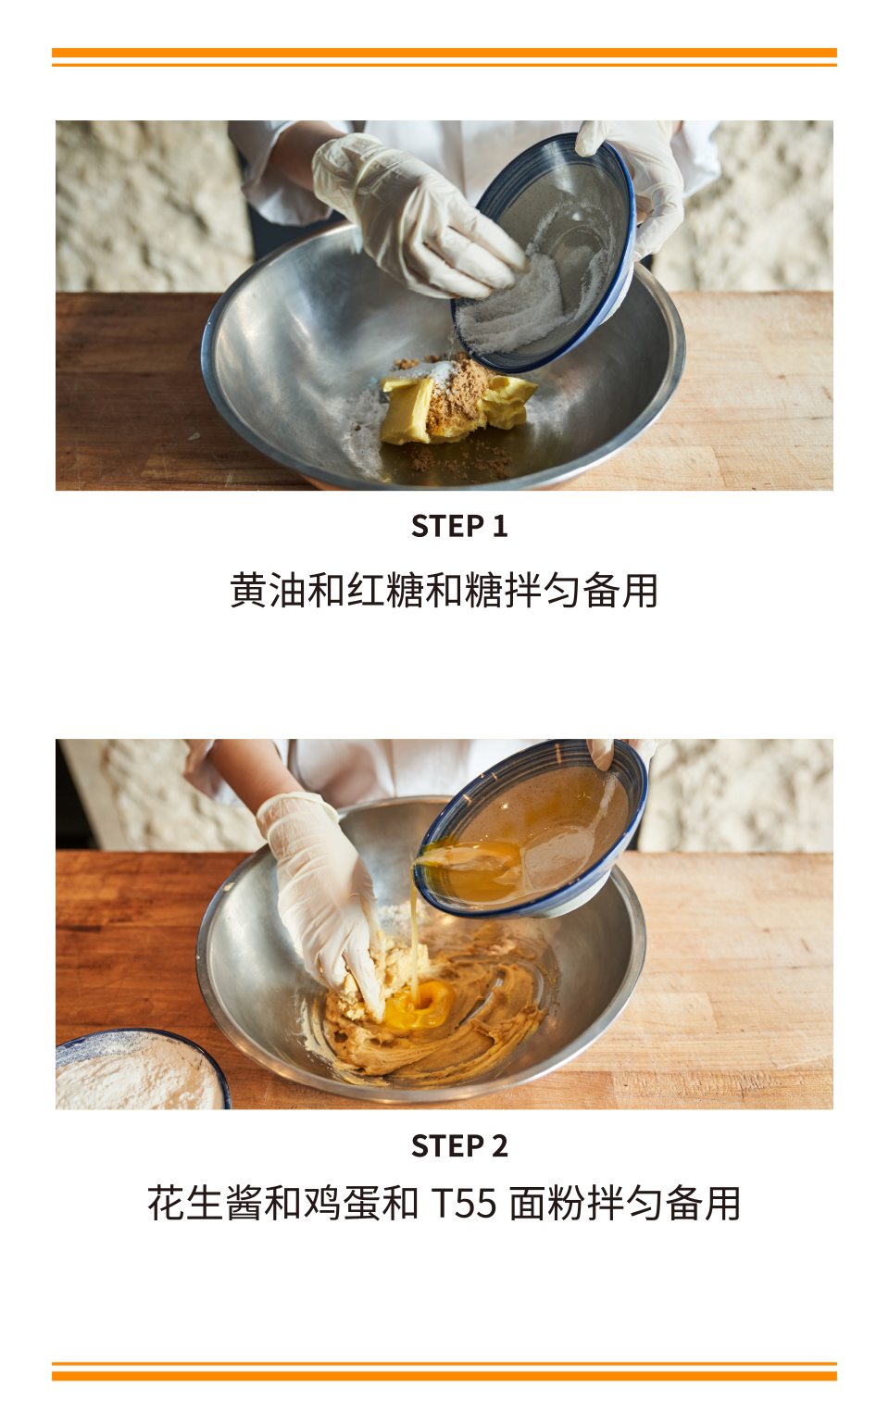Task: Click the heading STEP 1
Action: click(x=458, y=526)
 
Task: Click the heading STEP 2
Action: click(x=459, y=1146)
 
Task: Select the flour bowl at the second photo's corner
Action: click(x=142, y=1069)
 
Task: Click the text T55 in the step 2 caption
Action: click(x=464, y=1204)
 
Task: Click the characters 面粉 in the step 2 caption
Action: click(x=547, y=1204)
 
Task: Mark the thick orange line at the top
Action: click(x=444, y=52)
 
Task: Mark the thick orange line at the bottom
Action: click(x=444, y=1376)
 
